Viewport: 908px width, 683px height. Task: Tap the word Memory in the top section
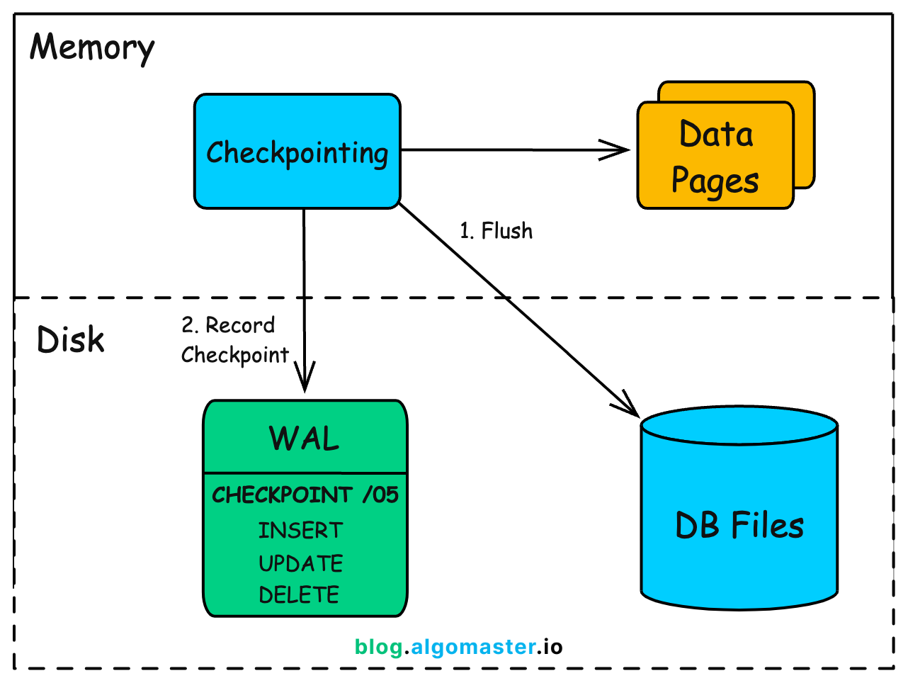point(92,48)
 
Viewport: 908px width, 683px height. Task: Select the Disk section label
point(70,340)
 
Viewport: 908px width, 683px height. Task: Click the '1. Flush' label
point(496,231)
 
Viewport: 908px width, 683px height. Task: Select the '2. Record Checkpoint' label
point(234,340)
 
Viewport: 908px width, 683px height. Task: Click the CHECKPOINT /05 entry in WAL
point(305,495)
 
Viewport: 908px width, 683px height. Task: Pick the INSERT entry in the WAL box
point(300,531)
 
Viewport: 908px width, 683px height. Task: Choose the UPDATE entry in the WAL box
point(300,563)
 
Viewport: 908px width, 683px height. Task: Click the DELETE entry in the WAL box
point(299,594)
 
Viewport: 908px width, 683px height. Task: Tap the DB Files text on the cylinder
point(739,526)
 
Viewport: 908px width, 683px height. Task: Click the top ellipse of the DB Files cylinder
point(739,426)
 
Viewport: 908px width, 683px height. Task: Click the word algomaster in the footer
point(473,647)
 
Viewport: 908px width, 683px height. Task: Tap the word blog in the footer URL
point(378,647)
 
